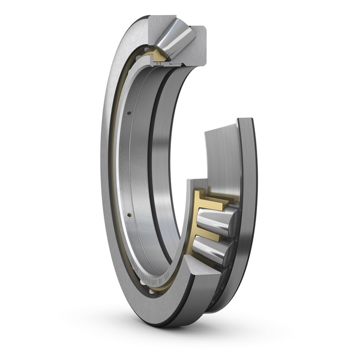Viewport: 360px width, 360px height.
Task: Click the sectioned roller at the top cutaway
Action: [x=176, y=37]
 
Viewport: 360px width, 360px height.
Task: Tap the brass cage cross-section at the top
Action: [x=160, y=56]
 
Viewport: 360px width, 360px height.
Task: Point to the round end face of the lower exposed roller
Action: [x=226, y=251]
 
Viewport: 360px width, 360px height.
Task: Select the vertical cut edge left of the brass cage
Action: [x=188, y=222]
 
